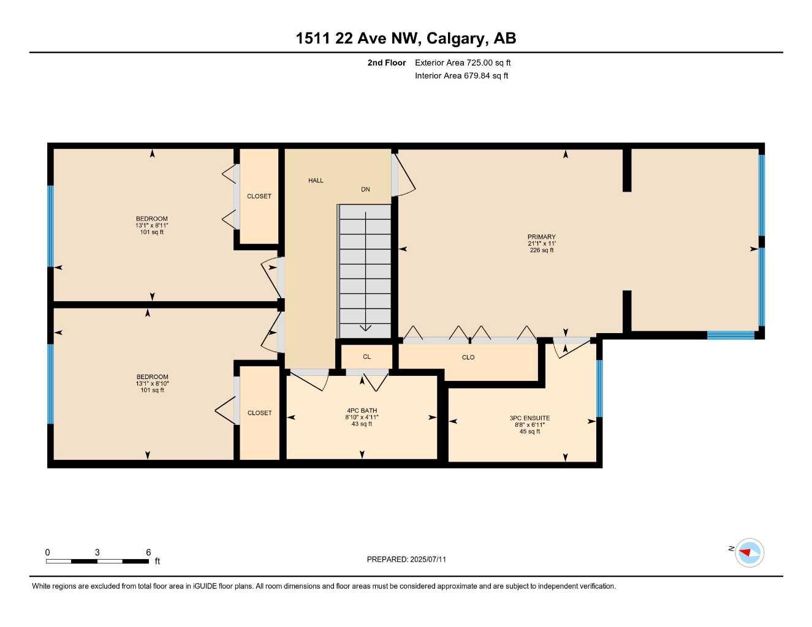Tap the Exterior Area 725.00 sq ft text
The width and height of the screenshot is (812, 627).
(x=463, y=62)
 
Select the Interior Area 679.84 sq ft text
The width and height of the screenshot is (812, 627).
(x=461, y=76)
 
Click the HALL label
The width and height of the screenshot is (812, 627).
(x=316, y=181)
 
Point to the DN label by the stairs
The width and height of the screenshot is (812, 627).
(x=365, y=190)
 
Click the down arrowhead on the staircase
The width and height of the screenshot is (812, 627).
(x=365, y=328)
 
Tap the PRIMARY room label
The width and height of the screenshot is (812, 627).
(x=542, y=236)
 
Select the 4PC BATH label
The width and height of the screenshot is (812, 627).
(x=362, y=410)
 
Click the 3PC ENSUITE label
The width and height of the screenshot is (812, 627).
(x=529, y=418)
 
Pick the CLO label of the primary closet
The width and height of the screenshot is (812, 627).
(x=468, y=358)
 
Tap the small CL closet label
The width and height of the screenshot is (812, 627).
(x=367, y=357)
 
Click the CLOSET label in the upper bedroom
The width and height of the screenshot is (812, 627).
(x=259, y=197)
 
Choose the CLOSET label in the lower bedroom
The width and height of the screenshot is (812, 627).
(x=260, y=413)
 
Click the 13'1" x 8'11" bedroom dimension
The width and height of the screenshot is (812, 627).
(x=152, y=225)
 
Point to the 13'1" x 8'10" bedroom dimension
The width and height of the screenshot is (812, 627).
(x=152, y=384)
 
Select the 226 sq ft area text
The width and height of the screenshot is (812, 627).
(x=542, y=250)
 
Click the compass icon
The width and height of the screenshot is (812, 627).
(x=749, y=553)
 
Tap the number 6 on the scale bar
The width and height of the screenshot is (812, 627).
(x=148, y=552)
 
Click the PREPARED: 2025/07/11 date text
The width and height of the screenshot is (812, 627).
(x=406, y=560)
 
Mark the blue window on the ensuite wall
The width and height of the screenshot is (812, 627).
(x=599, y=388)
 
